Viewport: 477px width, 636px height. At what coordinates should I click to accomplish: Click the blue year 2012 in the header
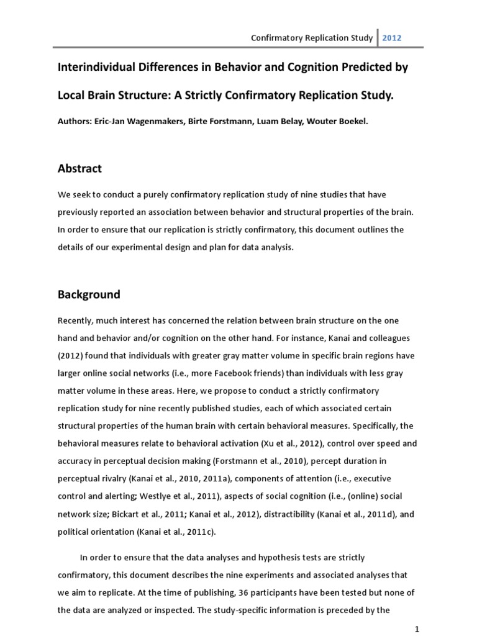[392, 37]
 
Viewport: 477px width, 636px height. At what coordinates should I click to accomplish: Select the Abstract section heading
[80, 168]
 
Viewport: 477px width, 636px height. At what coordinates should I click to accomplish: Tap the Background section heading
[89, 294]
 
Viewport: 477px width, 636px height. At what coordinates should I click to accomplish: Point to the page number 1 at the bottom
[417, 629]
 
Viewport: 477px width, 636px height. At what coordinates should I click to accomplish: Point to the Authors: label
[76, 122]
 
